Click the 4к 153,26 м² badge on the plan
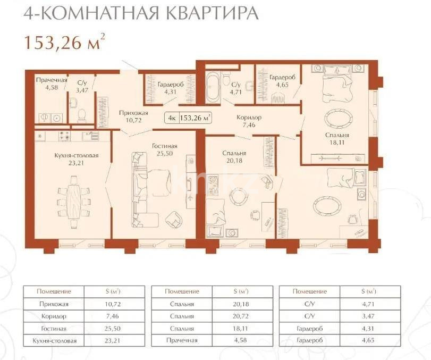pos(188,118)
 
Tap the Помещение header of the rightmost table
pos(311,291)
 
